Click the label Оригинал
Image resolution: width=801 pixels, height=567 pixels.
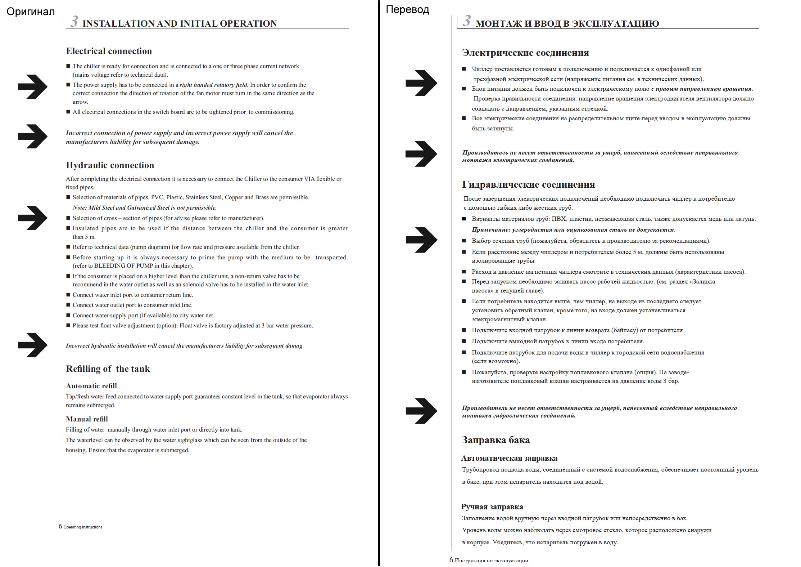31,12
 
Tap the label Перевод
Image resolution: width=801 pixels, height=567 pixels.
407,9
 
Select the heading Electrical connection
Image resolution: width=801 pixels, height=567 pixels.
109,51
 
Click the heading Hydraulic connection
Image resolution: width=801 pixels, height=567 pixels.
110,165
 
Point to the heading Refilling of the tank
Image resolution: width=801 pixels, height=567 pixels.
108,369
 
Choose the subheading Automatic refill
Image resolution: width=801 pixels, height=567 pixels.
91,386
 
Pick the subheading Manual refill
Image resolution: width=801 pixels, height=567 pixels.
87,419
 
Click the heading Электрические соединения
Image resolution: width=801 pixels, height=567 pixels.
525,53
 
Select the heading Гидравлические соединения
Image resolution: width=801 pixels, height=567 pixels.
528,185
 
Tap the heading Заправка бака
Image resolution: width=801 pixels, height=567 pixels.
495,440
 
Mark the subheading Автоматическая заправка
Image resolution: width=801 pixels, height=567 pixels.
509,459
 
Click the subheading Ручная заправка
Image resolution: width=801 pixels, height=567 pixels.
492,507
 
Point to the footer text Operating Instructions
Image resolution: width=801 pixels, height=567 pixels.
83,527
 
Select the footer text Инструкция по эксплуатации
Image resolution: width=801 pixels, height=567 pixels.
491,561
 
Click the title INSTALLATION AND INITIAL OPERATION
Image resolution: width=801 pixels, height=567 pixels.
180,24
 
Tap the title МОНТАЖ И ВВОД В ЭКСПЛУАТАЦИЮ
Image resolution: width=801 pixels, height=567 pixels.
567,24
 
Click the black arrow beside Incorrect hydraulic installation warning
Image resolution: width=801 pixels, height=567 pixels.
32,345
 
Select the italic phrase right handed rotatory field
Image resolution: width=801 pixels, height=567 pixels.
213,85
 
